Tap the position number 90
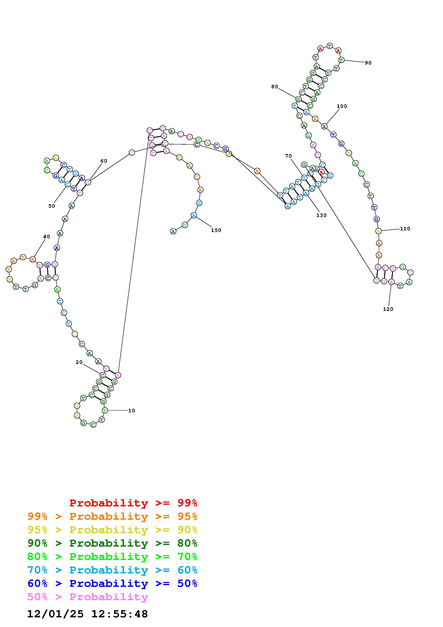coord(368,63)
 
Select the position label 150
coord(216,230)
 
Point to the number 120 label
coord(388,309)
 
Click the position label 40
coord(47,236)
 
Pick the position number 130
coord(321,215)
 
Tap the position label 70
coord(288,156)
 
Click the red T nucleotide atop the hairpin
coord(330,46)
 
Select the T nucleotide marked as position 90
coord(341,60)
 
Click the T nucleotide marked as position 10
coord(105,410)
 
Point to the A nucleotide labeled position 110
coord(378,231)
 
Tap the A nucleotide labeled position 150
coord(194,215)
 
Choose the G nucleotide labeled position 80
coord(298,99)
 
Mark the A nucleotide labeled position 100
coord(324,126)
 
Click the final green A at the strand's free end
coord(173,232)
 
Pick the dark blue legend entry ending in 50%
coord(112,584)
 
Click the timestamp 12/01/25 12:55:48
coord(87,614)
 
